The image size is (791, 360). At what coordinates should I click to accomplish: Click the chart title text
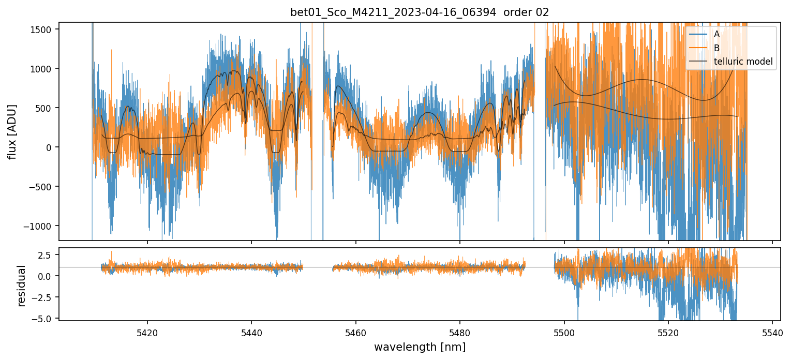(420, 12)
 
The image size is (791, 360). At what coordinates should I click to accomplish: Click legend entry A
(717, 34)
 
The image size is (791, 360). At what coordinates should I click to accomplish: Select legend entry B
(717, 48)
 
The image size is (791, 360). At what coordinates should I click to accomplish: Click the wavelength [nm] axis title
(420, 347)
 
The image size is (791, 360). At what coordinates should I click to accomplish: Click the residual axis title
(22, 286)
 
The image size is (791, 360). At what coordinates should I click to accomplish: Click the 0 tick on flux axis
(51, 147)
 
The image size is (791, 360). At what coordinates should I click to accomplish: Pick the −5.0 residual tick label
(43, 319)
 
